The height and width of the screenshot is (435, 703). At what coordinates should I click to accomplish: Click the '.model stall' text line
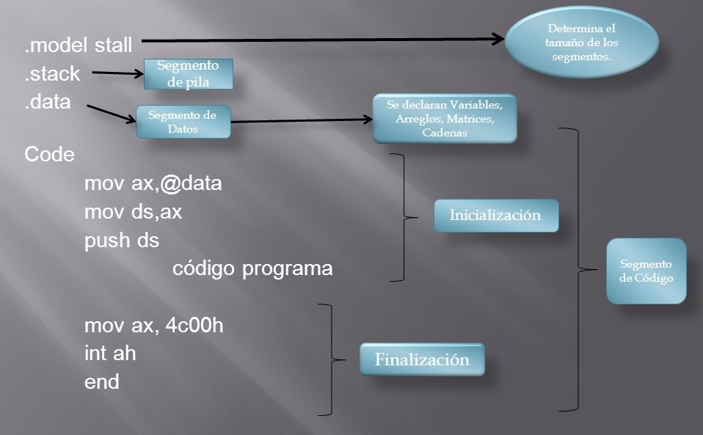coord(79,45)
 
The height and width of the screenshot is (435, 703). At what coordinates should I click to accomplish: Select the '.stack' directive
coord(52,73)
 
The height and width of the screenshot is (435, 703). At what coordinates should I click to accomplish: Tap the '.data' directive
coord(48,102)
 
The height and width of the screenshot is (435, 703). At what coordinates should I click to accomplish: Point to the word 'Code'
coord(49,155)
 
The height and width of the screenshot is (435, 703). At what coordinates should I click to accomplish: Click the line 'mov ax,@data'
coord(153,183)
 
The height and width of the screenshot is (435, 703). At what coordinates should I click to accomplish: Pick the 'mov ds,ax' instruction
coord(133,211)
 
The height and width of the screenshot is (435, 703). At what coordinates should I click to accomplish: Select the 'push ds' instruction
coord(121,240)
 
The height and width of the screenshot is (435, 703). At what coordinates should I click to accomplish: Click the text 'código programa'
coord(252,268)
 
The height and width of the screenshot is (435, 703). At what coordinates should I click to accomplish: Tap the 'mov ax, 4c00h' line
coord(153,325)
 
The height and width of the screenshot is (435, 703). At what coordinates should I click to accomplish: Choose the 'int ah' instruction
coord(110,354)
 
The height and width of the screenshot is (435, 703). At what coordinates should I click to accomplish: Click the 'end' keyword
coord(101,382)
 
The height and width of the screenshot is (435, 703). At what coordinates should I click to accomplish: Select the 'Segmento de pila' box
coord(188,74)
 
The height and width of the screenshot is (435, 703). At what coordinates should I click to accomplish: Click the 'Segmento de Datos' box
coord(183,122)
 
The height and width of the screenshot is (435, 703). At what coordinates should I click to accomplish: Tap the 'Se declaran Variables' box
coord(445,118)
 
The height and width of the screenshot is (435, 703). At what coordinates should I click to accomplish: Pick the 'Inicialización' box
coord(495,216)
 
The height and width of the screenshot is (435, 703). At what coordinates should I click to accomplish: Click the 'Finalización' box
coord(421,360)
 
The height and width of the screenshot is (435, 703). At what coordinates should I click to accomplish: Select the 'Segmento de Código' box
coord(646,271)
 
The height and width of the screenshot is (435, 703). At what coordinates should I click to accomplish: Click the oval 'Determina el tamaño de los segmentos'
coord(583,43)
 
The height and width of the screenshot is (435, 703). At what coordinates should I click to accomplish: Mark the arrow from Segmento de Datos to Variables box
coord(301,121)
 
